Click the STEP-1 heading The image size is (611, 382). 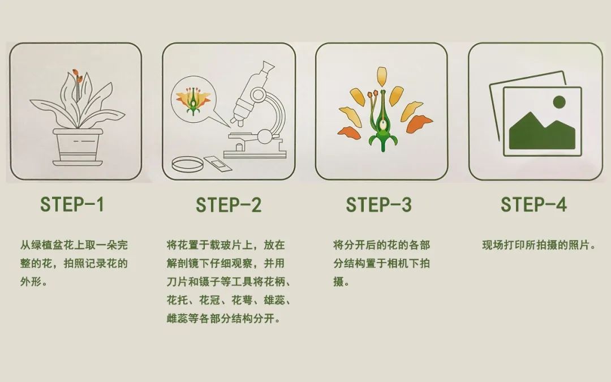point(72,204)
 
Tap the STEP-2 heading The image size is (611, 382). point(229,205)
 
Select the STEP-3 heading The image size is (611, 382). point(378,205)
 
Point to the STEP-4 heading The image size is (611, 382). point(533,204)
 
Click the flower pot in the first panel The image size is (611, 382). point(78,147)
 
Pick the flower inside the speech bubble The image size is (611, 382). point(193,101)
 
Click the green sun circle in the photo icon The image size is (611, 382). point(559,102)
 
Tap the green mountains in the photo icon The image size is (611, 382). point(542,132)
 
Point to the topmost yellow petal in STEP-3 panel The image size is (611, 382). point(382,76)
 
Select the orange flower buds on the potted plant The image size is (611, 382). point(77,76)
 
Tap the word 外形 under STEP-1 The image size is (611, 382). point(31,281)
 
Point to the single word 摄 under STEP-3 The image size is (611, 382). point(338,281)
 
